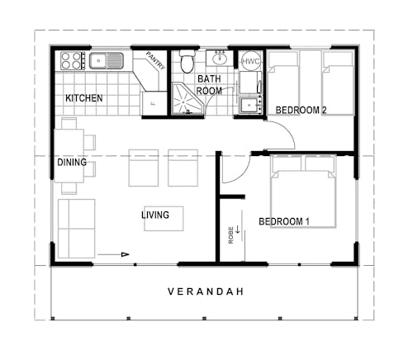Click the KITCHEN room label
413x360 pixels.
(84, 98)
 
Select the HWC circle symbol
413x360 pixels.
(250, 61)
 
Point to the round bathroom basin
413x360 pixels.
(220, 59)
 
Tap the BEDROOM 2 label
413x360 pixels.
(301, 110)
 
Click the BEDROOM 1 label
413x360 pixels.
(284, 221)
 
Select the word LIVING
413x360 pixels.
(155, 216)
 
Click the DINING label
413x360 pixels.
(72, 163)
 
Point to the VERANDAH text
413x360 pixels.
(205, 291)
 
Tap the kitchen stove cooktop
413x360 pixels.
(71, 60)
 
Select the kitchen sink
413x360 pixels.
(107, 60)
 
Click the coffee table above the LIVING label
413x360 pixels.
(164, 217)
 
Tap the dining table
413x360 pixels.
(69, 153)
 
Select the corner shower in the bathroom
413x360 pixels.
(185, 101)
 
